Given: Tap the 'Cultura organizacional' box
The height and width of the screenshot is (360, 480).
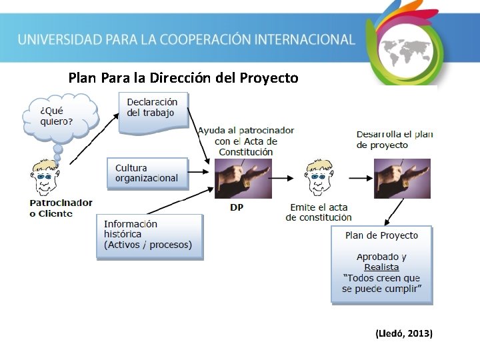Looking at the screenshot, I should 147,173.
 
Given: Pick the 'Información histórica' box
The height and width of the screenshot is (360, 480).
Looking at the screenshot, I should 149,235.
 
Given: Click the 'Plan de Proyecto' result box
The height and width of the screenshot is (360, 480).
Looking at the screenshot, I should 381,265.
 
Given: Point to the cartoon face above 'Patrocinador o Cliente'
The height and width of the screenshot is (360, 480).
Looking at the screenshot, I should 47,178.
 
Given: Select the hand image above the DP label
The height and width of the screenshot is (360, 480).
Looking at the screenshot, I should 243,178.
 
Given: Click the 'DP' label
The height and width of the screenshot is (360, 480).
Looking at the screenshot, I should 237,208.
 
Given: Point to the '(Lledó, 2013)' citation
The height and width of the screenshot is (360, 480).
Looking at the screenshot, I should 404,333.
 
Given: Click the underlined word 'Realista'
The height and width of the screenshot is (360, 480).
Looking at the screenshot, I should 381,267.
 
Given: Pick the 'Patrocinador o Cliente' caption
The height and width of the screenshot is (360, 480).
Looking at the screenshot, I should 61,208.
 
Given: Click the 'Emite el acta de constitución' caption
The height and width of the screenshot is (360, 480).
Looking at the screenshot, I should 318,213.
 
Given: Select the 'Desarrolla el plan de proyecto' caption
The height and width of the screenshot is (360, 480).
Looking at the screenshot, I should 395,139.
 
